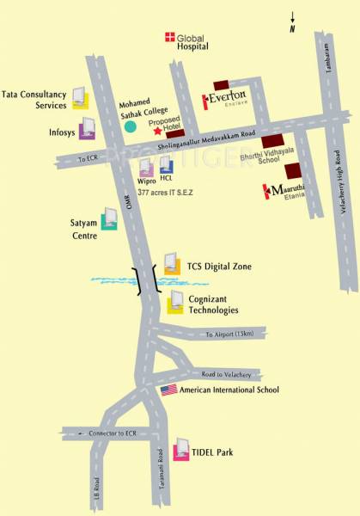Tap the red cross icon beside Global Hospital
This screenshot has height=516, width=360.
pos(169,37)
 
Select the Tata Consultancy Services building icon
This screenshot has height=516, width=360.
pos(79,97)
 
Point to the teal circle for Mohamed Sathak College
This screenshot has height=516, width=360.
pos(131,126)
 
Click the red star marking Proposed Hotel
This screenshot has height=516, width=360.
pos(156,131)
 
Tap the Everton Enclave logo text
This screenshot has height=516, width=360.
pos(227,100)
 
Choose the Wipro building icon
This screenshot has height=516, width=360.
pos(146,165)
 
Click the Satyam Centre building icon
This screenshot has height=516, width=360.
pos(109,221)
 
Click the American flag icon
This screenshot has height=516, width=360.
pos(168,390)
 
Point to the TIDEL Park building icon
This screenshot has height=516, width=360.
pos(181,451)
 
